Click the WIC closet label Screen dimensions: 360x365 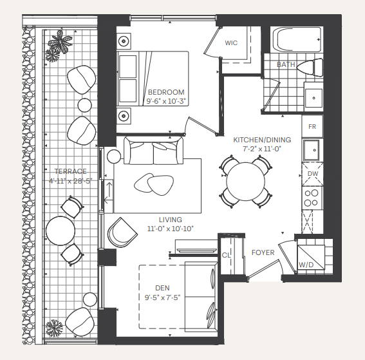click(232, 43)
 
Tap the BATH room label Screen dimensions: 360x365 click(286, 64)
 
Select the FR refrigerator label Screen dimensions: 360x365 click(312, 126)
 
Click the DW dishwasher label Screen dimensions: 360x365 click(312, 174)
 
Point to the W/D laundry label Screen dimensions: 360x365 click(307, 265)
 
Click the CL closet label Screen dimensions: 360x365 click(227, 255)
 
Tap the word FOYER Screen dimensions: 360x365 click(263, 252)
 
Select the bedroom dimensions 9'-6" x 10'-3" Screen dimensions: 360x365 click(166, 101)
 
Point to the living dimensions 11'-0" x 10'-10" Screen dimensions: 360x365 click(171, 228)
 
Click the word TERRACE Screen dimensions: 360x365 click(70, 171)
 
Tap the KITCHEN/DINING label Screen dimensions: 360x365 click(262, 140)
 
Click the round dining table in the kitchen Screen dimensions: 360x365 click(245, 181)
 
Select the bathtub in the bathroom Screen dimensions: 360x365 click(296, 41)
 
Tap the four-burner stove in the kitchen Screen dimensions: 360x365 click(312, 197)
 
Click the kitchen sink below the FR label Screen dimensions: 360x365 click(312, 150)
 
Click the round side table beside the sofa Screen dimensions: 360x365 click(114, 156)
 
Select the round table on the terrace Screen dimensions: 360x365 click(60, 231)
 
